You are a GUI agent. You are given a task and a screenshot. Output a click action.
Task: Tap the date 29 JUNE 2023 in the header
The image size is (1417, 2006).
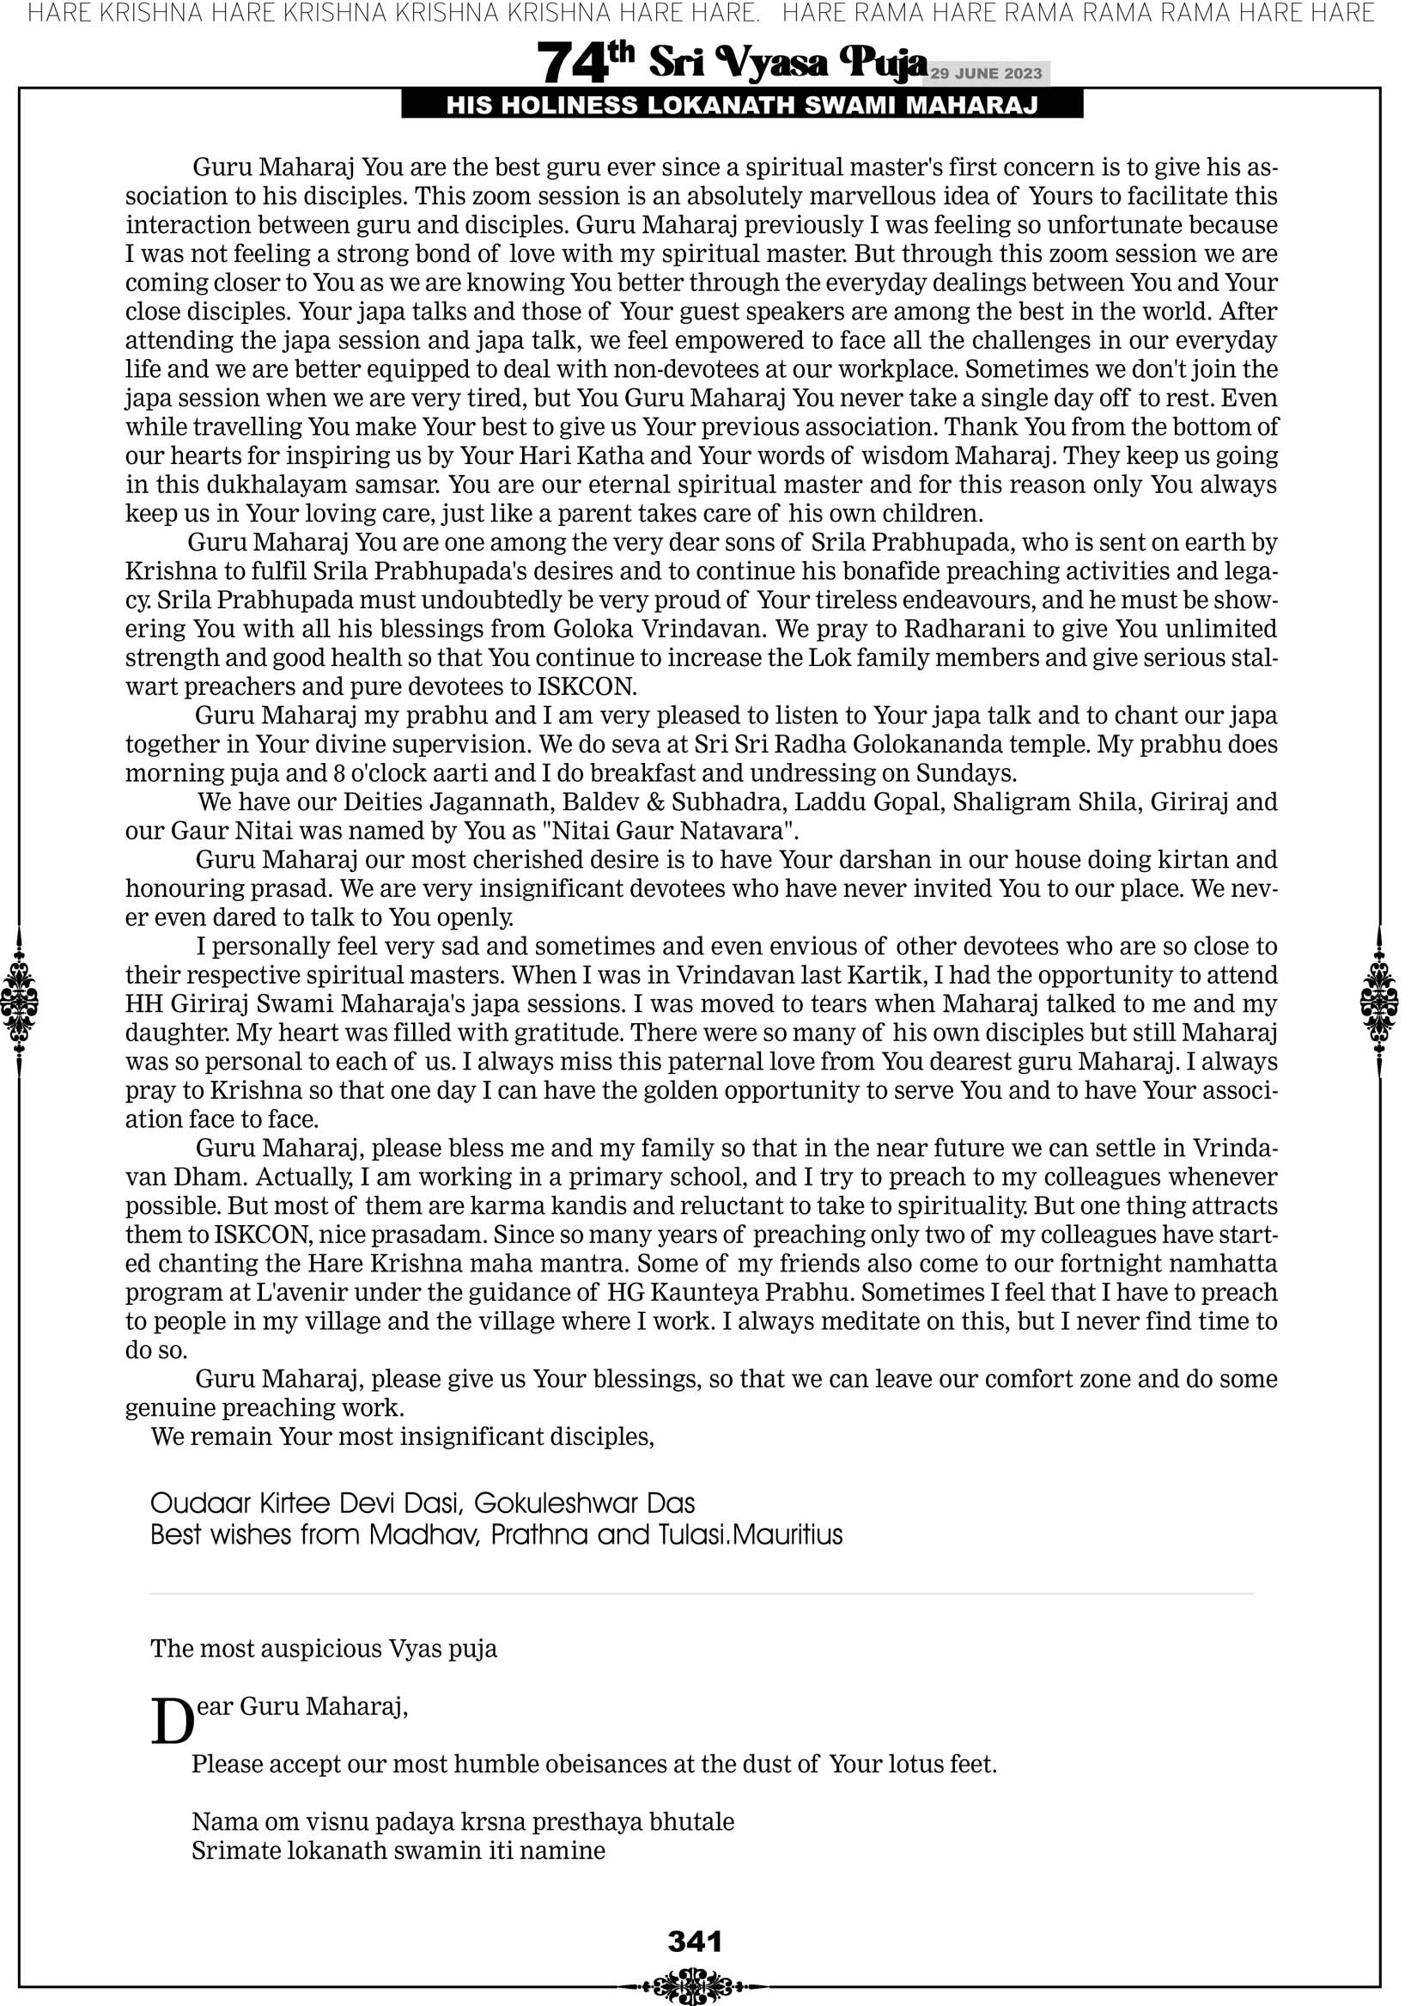pos(985,73)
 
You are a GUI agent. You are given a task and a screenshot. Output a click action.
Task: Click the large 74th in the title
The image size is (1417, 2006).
pos(584,63)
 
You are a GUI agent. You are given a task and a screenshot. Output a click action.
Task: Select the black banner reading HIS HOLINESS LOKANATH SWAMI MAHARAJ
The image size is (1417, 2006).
pos(742,106)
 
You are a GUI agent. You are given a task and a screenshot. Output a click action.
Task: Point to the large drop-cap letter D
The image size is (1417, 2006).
pos(172,1722)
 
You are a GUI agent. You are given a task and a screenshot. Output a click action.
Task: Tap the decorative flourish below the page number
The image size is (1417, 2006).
pos(695,1986)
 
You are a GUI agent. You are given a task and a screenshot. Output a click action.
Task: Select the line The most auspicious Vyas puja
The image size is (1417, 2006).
pos(323,1649)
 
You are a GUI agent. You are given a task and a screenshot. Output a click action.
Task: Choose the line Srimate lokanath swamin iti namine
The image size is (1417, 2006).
pos(398,1851)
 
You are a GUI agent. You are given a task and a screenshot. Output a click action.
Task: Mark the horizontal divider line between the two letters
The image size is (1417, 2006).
pos(701,1594)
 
